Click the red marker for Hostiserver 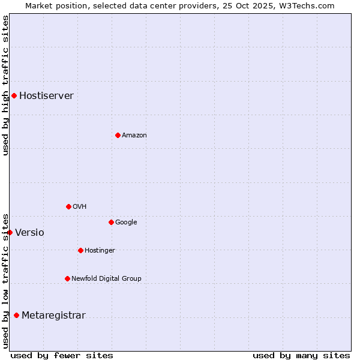pos(14,95)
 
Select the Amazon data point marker pos(118,135)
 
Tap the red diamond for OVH pos(68,206)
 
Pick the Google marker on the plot pos(111,222)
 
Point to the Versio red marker pos(10,232)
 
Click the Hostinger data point pos(80,250)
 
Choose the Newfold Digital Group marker pos(67,278)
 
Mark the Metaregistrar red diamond pos(16,315)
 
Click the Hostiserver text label pos(46,96)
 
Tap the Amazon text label pos(134,136)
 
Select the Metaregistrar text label pos(53,316)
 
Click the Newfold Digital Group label pos(106,278)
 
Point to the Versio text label pos(29,233)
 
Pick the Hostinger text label pos(100,251)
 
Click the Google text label pos(126,223)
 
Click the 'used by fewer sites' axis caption pos(62,355)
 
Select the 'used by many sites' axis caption pos(301,355)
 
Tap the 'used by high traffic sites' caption pos(5,85)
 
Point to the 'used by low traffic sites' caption pos(5,280)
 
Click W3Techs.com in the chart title pos(307,5)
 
